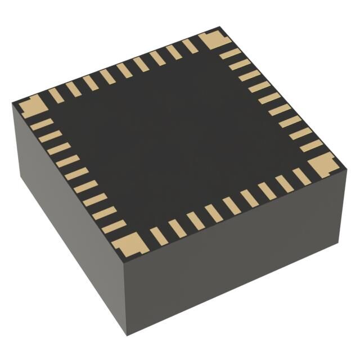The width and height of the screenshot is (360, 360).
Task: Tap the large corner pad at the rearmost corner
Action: [x=214, y=40]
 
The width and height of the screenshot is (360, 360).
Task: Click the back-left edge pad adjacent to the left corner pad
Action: [x=56, y=95]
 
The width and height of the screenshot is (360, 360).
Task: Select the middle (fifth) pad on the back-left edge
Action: [x=124, y=70]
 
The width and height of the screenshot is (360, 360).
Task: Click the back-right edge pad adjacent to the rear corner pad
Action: [x=230, y=54]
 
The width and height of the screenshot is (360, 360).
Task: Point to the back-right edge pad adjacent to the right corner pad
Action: [x=311, y=146]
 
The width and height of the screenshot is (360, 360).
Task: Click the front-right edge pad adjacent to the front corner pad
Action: [x=159, y=235]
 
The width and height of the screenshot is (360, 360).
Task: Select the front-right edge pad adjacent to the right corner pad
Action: [x=301, y=176]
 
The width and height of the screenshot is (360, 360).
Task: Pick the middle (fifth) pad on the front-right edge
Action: [x=231, y=205]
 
